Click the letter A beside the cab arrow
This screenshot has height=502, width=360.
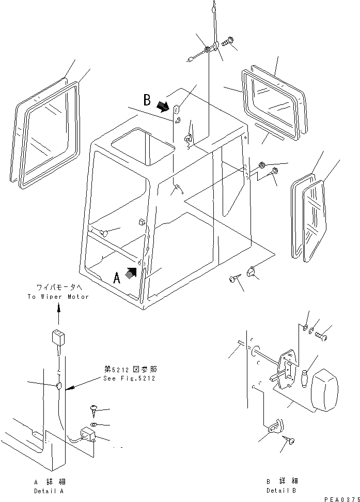(x=117, y=279)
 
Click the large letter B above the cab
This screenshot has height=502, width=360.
(x=147, y=99)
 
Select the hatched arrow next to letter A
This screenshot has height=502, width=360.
(x=133, y=272)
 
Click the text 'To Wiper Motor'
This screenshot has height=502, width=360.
(x=58, y=297)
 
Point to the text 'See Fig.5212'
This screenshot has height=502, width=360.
(x=129, y=378)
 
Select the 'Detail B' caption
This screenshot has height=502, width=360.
(x=281, y=490)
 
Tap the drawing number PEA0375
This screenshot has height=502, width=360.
(x=340, y=499)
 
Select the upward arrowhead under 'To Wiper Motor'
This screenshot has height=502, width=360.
(x=58, y=308)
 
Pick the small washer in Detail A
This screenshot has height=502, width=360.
(x=93, y=425)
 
